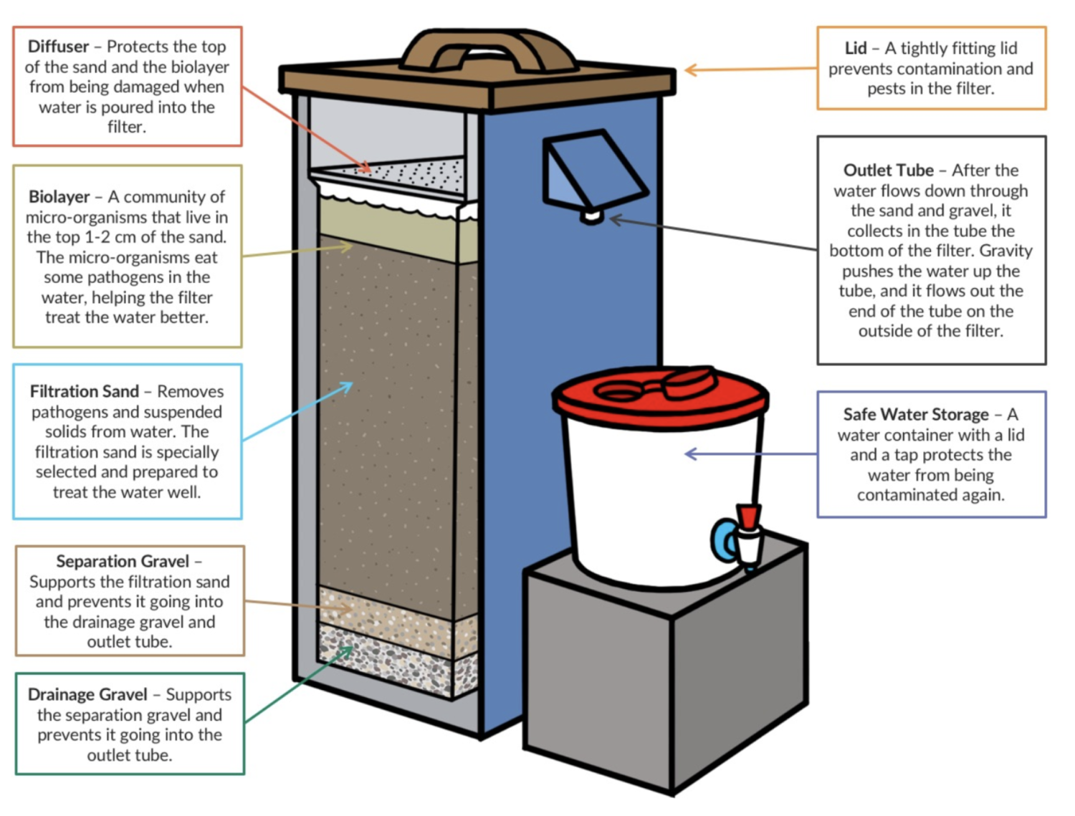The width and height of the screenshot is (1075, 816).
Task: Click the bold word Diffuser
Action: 58,47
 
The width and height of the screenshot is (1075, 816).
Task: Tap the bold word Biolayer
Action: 59,197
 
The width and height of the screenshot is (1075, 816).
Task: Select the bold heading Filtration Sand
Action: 84,392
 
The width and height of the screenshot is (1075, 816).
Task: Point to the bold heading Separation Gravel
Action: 123,562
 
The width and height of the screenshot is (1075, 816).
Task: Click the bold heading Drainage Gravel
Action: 87,695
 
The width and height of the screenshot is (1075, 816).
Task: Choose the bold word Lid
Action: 856,48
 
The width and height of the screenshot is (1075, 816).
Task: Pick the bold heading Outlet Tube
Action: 888,171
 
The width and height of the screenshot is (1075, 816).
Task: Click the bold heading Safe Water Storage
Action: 915,415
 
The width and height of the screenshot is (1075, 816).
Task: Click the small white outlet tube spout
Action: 592,215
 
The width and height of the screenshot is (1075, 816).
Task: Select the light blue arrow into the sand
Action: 297,412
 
